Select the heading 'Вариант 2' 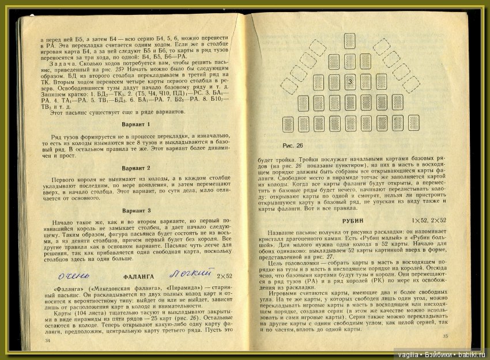(137, 168)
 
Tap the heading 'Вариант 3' (137, 211)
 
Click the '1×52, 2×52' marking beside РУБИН (428, 221)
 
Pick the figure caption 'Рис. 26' (293, 145)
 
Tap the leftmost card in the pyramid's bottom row (289, 124)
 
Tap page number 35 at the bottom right (444, 336)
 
